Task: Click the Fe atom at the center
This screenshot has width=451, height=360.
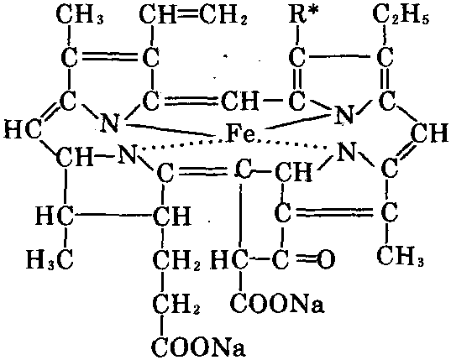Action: click(240, 134)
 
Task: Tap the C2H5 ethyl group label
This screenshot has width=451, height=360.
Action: click(401, 15)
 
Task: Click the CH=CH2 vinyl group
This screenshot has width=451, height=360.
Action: click(193, 15)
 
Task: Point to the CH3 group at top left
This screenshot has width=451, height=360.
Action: click(80, 15)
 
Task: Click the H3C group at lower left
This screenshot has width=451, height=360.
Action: click(50, 260)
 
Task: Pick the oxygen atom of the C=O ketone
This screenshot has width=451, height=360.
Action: click(326, 258)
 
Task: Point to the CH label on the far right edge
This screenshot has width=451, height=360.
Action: click(430, 134)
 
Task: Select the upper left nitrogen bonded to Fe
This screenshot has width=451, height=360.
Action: click(109, 123)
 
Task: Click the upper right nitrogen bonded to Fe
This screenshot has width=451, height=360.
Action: click(344, 115)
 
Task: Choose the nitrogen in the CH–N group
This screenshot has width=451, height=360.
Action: click(127, 154)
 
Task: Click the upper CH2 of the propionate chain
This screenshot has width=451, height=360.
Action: click(176, 261)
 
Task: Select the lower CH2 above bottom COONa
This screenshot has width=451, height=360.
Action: click(176, 305)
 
